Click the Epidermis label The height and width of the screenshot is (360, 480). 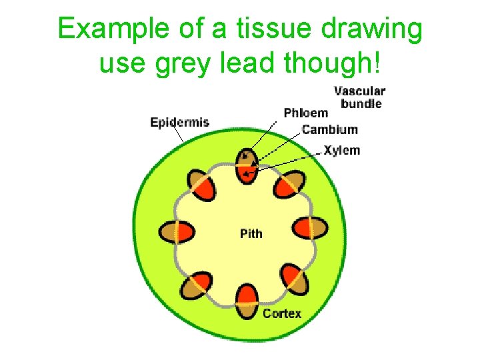point(179,123)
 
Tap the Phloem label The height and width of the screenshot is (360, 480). point(305,113)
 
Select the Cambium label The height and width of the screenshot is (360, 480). point(329,129)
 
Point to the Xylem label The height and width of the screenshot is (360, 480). point(341,150)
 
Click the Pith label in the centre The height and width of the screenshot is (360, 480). point(251,233)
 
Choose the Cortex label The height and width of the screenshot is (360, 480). point(281,313)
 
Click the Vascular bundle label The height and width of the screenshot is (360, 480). point(359,97)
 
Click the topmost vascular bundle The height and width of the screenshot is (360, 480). point(247,166)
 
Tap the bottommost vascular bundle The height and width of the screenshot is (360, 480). point(247,301)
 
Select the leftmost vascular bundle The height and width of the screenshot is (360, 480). point(177,231)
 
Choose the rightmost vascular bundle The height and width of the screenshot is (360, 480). point(311,228)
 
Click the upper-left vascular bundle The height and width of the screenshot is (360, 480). point(200,185)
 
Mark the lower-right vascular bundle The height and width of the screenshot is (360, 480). point(293,278)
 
